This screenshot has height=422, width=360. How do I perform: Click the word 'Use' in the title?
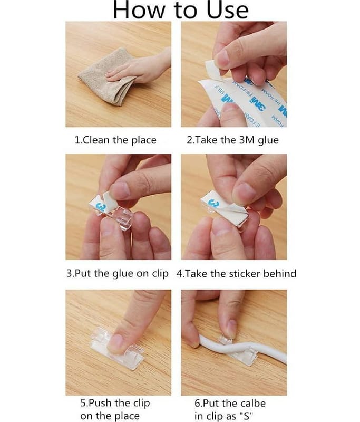(x=228, y=9)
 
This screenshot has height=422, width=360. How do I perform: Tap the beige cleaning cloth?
(x=108, y=78)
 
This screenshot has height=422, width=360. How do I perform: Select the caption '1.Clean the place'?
(x=115, y=140)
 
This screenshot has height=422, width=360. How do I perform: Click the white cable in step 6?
(x=242, y=349)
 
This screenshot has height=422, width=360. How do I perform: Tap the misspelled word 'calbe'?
(x=253, y=403)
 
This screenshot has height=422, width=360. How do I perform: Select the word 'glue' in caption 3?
(x=123, y=274)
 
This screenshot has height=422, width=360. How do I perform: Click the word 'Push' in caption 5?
(x=100, y=403)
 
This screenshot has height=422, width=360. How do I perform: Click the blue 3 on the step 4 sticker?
(x=215, y=203)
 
